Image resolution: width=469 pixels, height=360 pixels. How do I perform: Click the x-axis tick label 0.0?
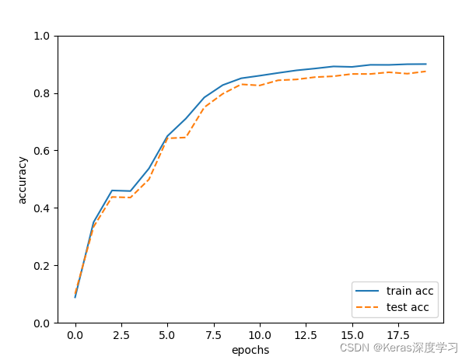[75, 336]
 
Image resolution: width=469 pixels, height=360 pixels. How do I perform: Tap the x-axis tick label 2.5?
[121, 336]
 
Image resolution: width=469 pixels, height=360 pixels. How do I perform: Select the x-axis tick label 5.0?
[167, 336]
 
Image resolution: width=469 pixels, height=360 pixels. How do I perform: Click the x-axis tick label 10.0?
[260, 336]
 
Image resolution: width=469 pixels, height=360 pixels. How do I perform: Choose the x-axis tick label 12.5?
[306, 336]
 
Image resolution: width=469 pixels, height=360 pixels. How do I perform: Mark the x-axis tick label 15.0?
[352, 336]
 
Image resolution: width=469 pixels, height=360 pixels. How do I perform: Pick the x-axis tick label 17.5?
[397, 336]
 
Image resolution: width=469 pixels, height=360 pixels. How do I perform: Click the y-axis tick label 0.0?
[42, 323]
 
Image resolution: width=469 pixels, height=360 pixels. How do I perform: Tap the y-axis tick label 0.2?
[42, 266]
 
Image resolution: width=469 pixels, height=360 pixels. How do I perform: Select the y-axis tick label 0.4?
[42, 208]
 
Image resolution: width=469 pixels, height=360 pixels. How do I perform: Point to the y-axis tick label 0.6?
[42, 151]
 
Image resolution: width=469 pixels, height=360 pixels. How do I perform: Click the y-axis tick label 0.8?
[42, 93]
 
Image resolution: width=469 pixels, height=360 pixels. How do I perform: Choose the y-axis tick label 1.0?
[42, 37]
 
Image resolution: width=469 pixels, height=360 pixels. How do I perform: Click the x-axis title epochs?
[250, 351]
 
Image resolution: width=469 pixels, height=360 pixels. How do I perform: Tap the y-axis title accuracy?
[23, 180]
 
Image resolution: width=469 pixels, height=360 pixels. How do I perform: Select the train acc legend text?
[410, 291]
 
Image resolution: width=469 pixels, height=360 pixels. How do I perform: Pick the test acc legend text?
[408, 307]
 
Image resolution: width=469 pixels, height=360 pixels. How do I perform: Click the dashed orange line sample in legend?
[367, 307]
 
